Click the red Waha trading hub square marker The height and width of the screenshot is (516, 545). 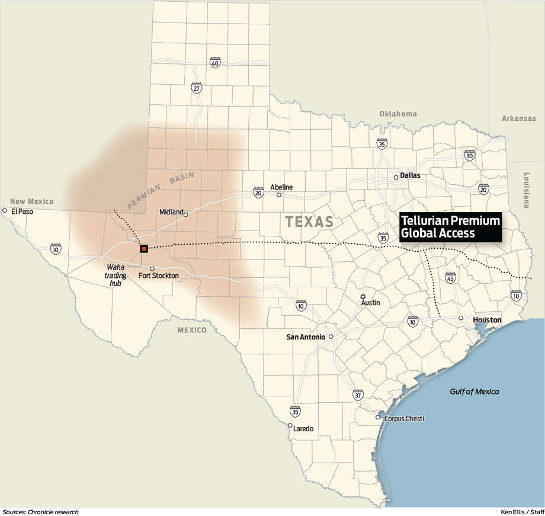point(144,249)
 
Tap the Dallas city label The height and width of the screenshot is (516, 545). point(410,176)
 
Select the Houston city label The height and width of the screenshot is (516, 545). point(487,320)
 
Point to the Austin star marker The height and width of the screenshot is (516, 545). point(364,296)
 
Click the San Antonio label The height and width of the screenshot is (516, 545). point(306,337)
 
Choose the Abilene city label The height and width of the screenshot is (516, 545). point(281,187)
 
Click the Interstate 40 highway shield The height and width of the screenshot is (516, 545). point(215,63)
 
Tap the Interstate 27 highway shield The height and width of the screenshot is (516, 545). point(197,88)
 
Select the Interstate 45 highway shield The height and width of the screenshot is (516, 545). point(450,278)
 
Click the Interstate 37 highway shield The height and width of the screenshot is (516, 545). point(357,395)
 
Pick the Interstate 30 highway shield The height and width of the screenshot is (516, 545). point(470,155)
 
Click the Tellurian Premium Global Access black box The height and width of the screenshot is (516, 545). point(450,227)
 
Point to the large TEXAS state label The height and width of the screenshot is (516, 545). point(309,222)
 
